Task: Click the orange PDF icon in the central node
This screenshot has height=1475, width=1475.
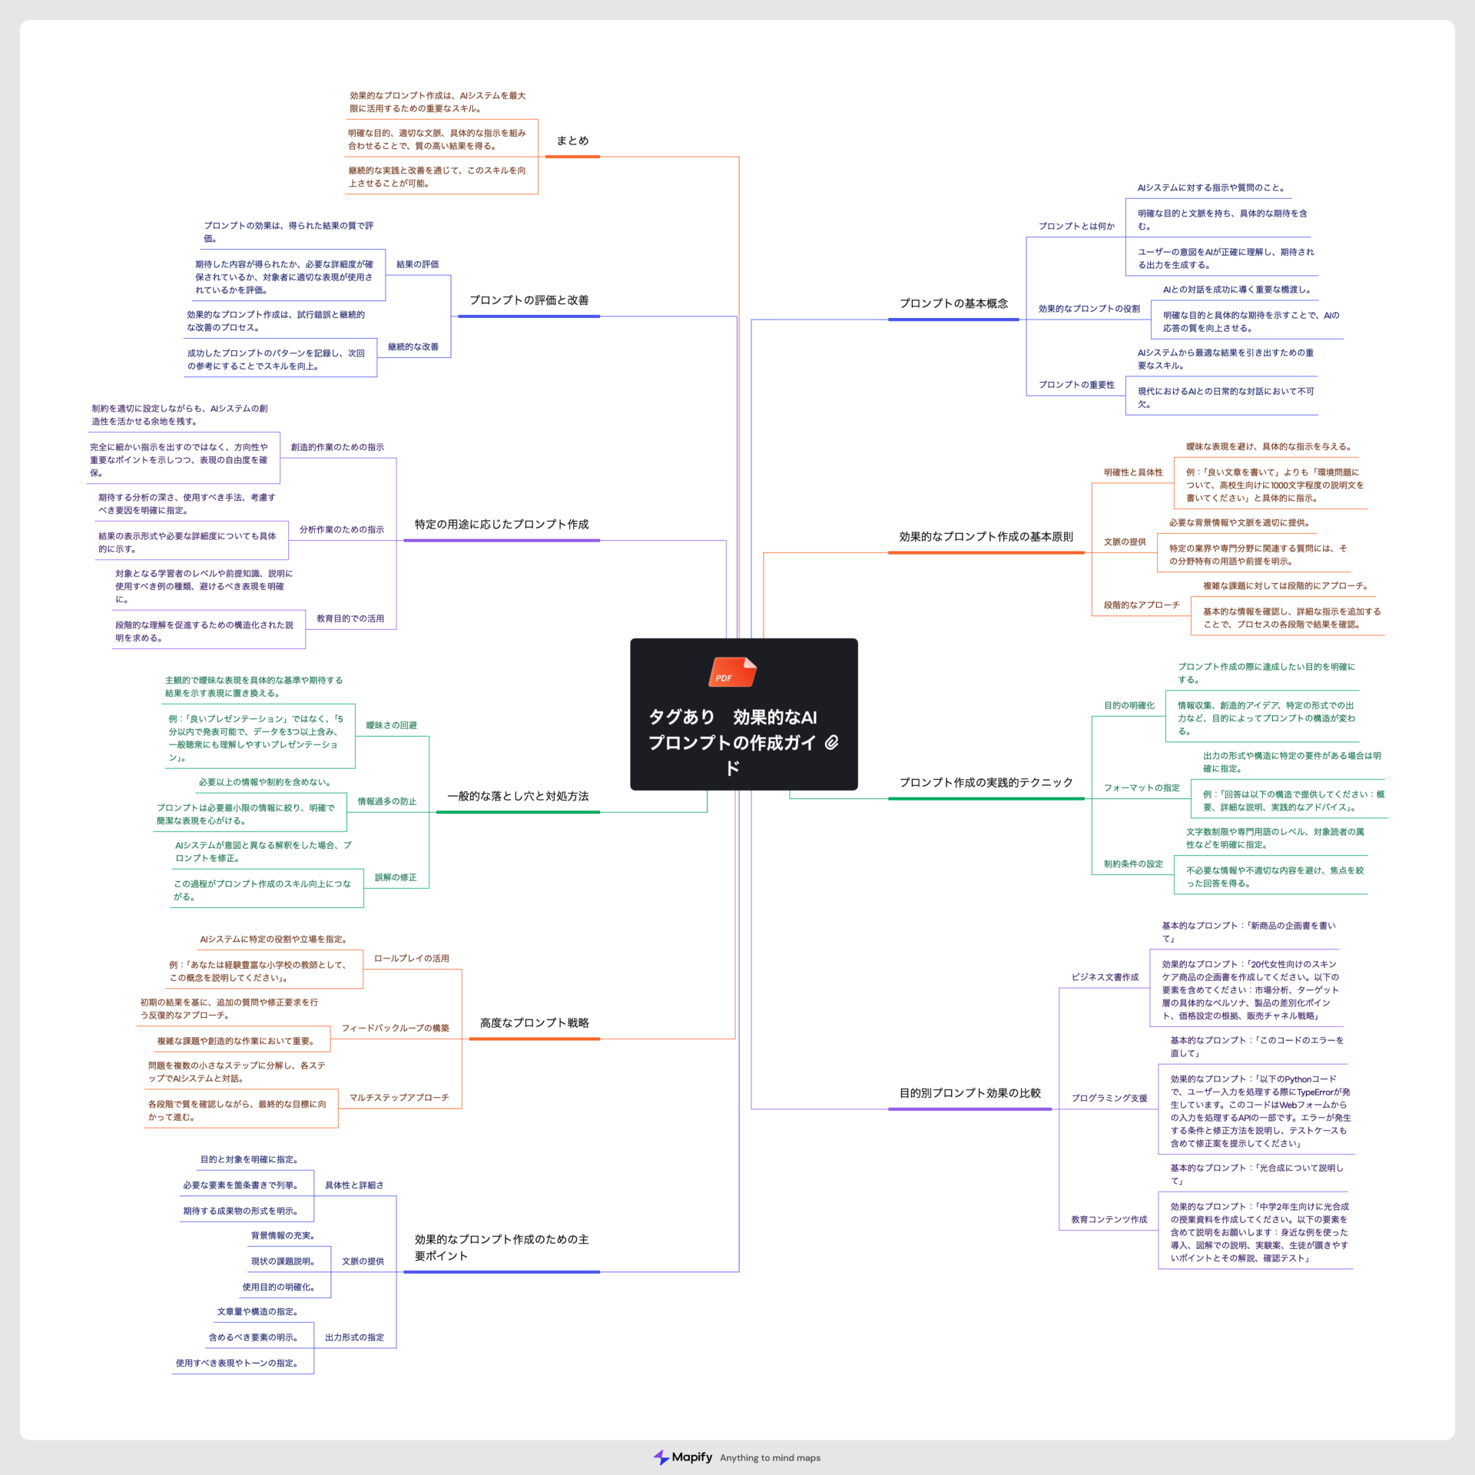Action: click(x=732, y=672)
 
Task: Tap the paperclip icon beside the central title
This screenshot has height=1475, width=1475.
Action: click(x=831, y=742)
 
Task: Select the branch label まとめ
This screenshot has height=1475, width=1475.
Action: click(x=572, y=141)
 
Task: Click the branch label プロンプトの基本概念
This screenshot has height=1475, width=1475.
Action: click(x=953, y=303)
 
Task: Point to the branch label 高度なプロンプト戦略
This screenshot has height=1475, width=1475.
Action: click(x=534, y=1023)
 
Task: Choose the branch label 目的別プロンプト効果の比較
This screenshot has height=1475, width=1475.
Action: click(x=970, y=1092)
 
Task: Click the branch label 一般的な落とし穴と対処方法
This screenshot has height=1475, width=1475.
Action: click(x=518, y=796)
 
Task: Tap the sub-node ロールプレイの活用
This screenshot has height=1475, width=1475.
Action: click(x=411, y=958)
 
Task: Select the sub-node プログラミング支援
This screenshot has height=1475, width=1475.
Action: click(x=1109, y=1098)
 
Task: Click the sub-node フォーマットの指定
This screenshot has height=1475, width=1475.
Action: click(x=1142, y=787)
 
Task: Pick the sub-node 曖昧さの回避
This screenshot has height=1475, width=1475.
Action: click(x=391, y=725)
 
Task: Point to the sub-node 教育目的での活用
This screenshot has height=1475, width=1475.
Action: click(x=350, y=618)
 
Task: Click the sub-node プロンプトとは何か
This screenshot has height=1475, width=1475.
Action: click(x=1076, y=226)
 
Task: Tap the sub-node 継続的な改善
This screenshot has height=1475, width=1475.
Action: click(x=413, y=346)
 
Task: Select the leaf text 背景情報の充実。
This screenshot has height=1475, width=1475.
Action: click(x=283, y=1235)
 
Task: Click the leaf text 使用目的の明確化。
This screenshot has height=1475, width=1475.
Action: click(x=278, y=1287)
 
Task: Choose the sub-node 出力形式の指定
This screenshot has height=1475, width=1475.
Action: click(x=354, y=1337)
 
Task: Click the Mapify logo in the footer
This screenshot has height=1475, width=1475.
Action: click(x=683, y=1457)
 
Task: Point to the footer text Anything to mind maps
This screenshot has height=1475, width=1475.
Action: click(x=770, y=1458)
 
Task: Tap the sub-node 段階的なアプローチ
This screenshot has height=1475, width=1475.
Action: click(x=1142, y=605)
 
